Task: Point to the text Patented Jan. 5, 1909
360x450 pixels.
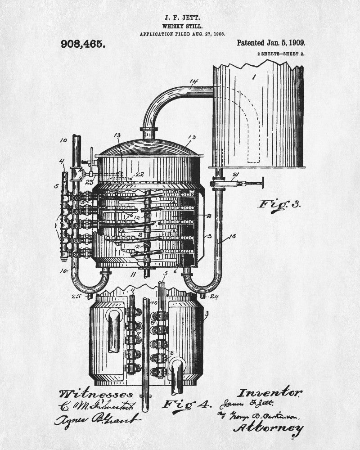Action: [271, 43]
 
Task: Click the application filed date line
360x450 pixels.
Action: [182, 34]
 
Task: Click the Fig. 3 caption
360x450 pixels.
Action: [279, 204]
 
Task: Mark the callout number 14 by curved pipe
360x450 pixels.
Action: [193, 82]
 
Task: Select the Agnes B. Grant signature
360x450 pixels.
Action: [97, 420]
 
